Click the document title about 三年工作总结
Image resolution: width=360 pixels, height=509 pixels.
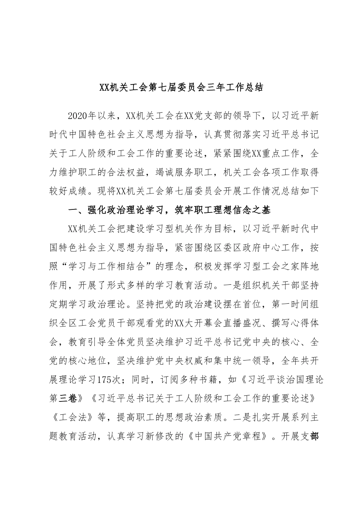click(180, 98)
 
